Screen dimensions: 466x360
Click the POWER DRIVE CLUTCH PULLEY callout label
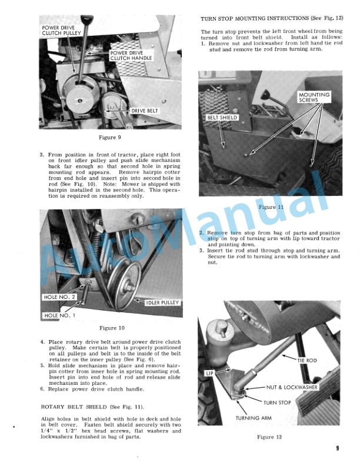[x=61, y=31]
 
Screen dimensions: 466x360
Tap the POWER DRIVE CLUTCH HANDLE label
[x=131, y=55]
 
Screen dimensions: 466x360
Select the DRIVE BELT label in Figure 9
[x=144, y=111]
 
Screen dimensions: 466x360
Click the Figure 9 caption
[x=110, y=137]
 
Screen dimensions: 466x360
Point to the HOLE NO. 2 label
[x=60, y=297]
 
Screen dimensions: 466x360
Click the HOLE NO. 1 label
[x=60, y=315]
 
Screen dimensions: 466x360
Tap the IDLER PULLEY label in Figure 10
[x=162, y=302]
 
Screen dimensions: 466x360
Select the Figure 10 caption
[x=112, y=328]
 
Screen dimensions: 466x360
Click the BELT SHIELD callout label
[x=222, y=118]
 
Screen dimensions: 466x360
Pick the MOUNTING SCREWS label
[x=314, y=97]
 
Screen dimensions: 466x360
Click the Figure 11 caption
[x=271, y=207]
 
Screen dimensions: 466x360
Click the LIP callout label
[x=209, y=373]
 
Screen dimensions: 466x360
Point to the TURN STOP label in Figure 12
[x=278, y=402]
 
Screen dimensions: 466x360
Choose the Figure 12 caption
[x=271, y=437]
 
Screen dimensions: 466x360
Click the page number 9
[x=338, y=448]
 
